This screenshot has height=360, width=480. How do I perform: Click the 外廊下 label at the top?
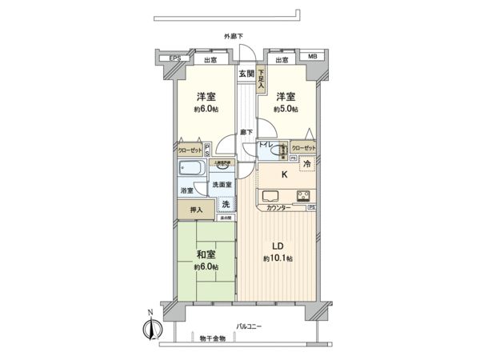[234, 36]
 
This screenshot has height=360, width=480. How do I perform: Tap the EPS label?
[174, 59]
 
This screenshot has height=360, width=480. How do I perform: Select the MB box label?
[312, 58]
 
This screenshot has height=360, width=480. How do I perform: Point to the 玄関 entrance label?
[246, 74]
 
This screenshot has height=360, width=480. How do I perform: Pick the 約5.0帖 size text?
[286, 110]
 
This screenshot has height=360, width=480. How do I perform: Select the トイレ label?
[265, 145]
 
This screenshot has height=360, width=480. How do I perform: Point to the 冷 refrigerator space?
[307, 166]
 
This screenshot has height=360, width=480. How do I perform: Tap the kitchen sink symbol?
[269, 196]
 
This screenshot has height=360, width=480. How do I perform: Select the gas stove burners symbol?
[303, 196]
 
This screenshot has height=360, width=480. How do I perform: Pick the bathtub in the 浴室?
[192, 170]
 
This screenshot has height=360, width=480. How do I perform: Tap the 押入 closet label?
[195, 210]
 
